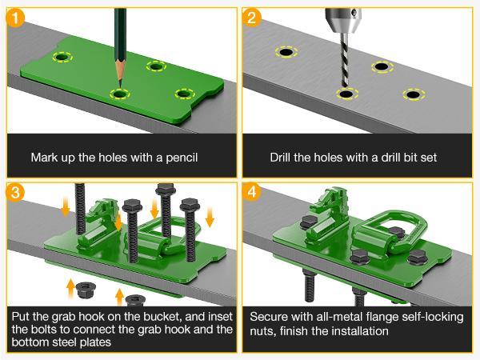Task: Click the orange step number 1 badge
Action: pos(14,18)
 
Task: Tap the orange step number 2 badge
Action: pos(252,18)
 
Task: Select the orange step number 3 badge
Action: pos(14,192)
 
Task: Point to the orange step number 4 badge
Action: pos(252,192)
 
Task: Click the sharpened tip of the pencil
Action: pos(120,87)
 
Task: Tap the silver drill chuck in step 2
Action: pos(342,19)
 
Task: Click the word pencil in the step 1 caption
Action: pos(182,158)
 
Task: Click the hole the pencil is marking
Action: pos(119,94)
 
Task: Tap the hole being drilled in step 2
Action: pos(346,94)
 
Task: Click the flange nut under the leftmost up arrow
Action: pos(86,290)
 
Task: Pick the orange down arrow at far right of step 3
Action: pos(210,218)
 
